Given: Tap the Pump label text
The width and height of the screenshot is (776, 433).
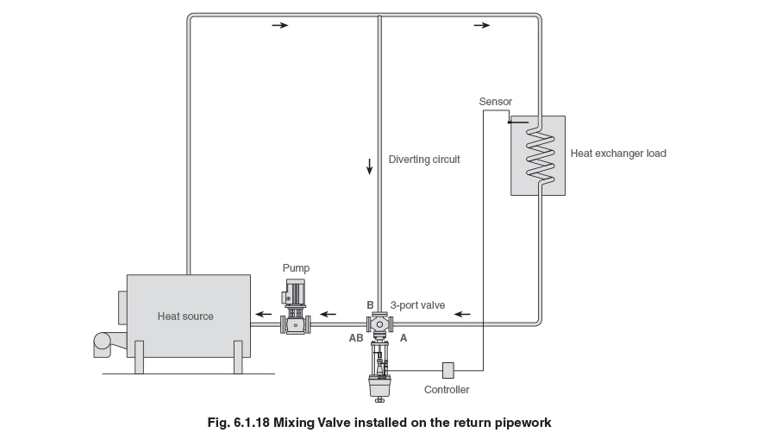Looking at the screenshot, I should click(x=296, y=268).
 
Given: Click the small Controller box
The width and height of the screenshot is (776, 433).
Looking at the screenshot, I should click(x=447, y=370).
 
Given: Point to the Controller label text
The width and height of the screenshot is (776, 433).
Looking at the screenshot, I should click(x=447, y=390).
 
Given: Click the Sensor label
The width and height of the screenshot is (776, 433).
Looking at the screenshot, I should click(x=495, y=102).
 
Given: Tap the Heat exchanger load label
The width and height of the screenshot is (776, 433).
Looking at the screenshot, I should click(x=618, y=154).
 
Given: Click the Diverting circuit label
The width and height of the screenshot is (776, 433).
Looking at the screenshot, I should click(x=424, y=160).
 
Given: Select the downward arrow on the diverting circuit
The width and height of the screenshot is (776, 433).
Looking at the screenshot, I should click(x=370, y=166).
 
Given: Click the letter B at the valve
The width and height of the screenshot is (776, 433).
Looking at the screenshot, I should click(x=370, y=304).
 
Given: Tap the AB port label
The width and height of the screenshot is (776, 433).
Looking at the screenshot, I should click(x=355, y=339).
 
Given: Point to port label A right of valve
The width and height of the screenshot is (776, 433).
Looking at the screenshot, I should click(x=403, y=339).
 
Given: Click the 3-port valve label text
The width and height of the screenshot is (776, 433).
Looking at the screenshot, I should click(x=417, y=304).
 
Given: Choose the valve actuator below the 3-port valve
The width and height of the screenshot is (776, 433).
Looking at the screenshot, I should click(x=379, y=371).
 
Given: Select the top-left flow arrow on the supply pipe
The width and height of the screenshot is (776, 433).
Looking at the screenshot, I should click(x=280, y=26).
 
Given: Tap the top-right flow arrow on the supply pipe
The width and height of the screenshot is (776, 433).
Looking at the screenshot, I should click(x=481, y=26).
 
